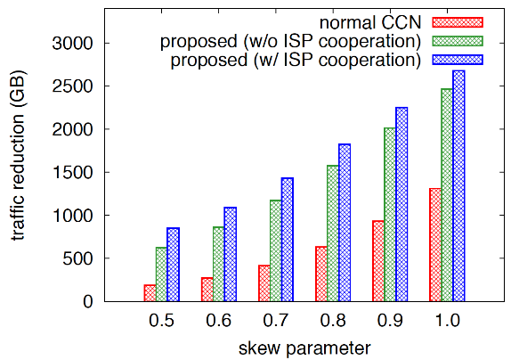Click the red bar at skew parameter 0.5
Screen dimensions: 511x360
(150, 293)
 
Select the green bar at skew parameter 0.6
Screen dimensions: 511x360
(219, 264)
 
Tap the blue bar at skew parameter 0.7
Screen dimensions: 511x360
(288, 240)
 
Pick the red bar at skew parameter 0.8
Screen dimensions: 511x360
(321, 274)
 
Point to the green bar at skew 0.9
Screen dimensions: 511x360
(390, 214)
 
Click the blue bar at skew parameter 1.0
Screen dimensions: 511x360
(458, 185)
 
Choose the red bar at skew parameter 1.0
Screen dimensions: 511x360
(435, 244)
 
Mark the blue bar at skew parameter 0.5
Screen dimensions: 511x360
(173, 265)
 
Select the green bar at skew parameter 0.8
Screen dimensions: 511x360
(333, 233)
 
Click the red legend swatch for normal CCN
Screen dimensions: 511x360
(458, 22)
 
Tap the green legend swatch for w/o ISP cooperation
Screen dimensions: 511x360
(458, 41)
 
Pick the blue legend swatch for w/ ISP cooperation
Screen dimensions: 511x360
(458, 60)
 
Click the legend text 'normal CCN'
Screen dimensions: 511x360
(370, 23)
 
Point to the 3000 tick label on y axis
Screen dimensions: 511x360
(73, 43)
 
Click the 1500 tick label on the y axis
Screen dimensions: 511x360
(73, 172)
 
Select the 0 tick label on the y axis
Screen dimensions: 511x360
(88, 301)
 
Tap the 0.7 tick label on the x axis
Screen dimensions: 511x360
(276, 321)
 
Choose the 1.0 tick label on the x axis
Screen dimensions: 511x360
(448, 321)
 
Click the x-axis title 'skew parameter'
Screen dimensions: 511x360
(304, 348)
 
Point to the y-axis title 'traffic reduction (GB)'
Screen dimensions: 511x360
(18, 155)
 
